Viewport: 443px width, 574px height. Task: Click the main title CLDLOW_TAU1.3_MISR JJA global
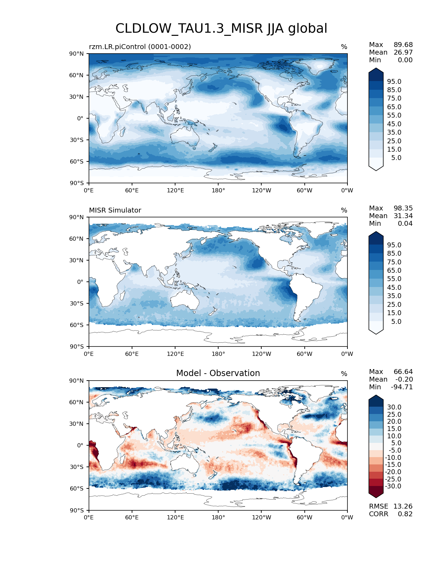(x=221, y=29)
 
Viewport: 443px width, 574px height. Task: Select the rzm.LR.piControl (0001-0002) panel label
(x=140, y=47)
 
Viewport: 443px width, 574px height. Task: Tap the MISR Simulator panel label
(x=115, y=210)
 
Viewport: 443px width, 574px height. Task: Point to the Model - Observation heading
(x=218, y=373)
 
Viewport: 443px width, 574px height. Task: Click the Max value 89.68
(x=403, y=45)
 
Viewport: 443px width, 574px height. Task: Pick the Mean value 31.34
(x=403, y=216)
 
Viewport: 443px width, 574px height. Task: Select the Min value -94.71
(x=402, y=387)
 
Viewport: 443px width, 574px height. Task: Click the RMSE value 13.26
(x=403, y=507)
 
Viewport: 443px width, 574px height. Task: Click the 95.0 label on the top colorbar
(x=394, y=82)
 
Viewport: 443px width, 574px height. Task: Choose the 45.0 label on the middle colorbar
(x=394, y=288)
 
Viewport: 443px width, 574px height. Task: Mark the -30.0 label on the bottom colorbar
(x=393, y=486)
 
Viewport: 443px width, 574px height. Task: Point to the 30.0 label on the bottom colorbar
(x=394, y=407)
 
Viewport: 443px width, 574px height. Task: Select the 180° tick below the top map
(x=218, y=191)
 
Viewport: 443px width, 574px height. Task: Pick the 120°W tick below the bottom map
(x=262, y=518)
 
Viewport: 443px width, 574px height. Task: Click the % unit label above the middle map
(x=344, y=210)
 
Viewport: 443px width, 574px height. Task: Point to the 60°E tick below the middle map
(x=132, y=354)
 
